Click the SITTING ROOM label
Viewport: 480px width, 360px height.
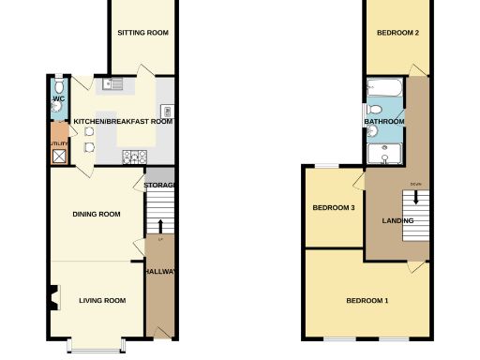coord(142,33)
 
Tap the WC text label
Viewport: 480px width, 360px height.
coord(57,99)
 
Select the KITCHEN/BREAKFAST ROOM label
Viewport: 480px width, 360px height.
coord(123,122)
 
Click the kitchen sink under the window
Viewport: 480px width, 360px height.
coord(113,85)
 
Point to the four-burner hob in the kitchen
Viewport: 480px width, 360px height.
coord(132,156)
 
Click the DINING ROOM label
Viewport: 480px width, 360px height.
coord(97,215)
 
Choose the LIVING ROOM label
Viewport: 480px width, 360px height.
coord(102,300)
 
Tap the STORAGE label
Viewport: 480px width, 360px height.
coord(160,185)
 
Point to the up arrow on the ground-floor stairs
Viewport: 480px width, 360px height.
coord(160,228)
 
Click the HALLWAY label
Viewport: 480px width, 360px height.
coord(160,272)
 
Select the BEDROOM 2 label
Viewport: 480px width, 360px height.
coord(397,33)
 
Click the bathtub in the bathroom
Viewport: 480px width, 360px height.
coord(385,91)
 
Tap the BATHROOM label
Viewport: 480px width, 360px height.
coord(384,122)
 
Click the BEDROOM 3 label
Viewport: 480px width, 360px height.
coord(333,207)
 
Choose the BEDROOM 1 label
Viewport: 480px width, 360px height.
coord(367,300)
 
